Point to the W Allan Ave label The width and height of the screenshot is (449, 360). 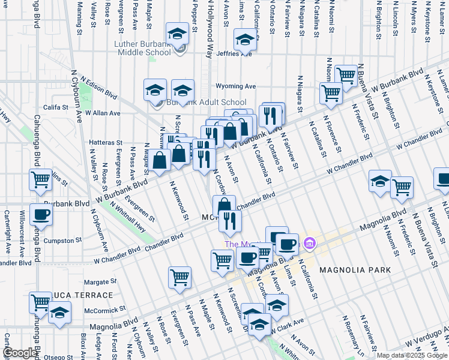click(x=103, y=112)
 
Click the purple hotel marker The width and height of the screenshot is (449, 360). click(x=310, y=243)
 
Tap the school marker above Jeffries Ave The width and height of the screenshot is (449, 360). click(x=245, y=40)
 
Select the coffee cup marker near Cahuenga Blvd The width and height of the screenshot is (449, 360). click(x=41, y=214)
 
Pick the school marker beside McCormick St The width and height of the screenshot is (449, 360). click(x=59, y=312)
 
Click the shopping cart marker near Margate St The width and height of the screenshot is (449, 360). click(x=180, y=277)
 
